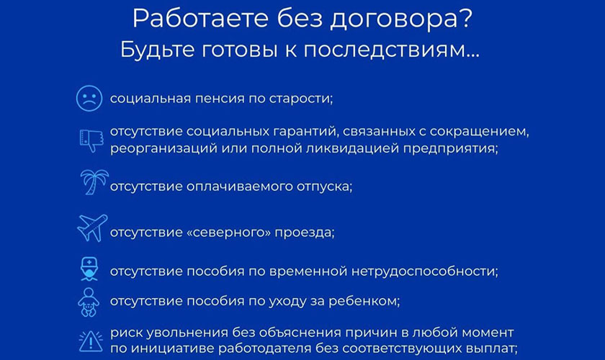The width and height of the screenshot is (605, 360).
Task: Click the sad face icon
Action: (x=88, y=99)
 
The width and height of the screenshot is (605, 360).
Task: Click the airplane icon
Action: (x=92, y=228)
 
